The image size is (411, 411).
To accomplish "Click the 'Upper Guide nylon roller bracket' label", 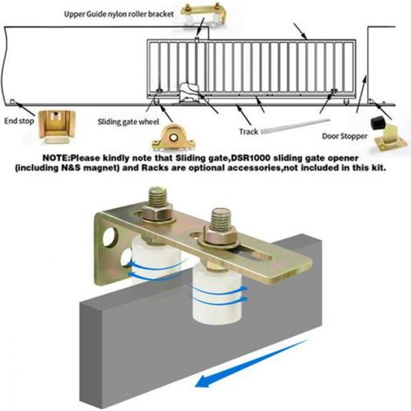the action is tap(119, 14).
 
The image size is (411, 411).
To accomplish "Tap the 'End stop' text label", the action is tap(19, 121).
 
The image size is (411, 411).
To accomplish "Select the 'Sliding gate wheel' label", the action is tap(129, 122).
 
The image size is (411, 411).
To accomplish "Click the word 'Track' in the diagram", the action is tap(248, 132).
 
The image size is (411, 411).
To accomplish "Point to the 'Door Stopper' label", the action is tap(345, 136).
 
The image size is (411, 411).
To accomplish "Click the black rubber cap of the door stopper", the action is tap(378, 123).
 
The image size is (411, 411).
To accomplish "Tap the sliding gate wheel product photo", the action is tap(174, 138).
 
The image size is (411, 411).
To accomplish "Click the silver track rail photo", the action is tap(295, 126).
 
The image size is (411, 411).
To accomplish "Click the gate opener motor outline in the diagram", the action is tap(189, 94).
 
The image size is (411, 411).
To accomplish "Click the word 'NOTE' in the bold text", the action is tap(55, 158).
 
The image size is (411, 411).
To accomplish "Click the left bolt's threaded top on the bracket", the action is tap(159, 196).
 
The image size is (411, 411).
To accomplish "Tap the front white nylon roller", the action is tap(217, 293).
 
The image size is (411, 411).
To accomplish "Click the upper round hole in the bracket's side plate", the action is tap(110, 235).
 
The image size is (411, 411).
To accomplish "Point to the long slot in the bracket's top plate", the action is tap(255, 255).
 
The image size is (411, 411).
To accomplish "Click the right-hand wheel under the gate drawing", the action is tap(346, 102).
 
